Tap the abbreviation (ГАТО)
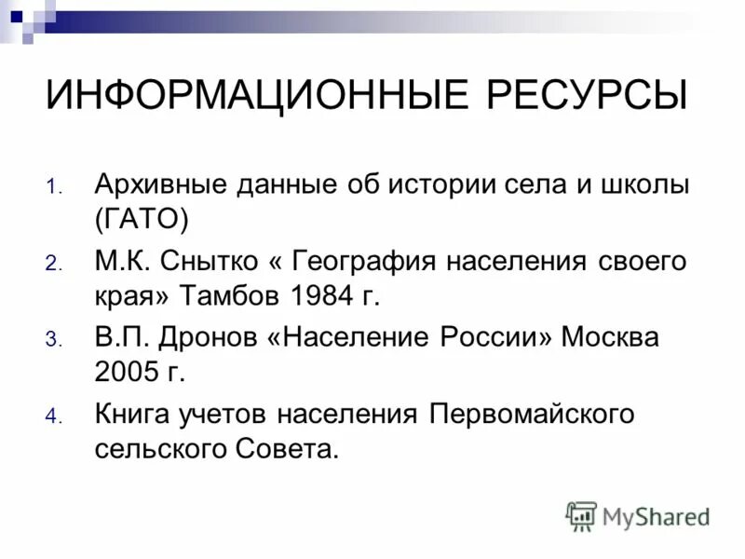tap(142, 221)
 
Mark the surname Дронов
tap(210, 337)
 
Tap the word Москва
tap(609, 337)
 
